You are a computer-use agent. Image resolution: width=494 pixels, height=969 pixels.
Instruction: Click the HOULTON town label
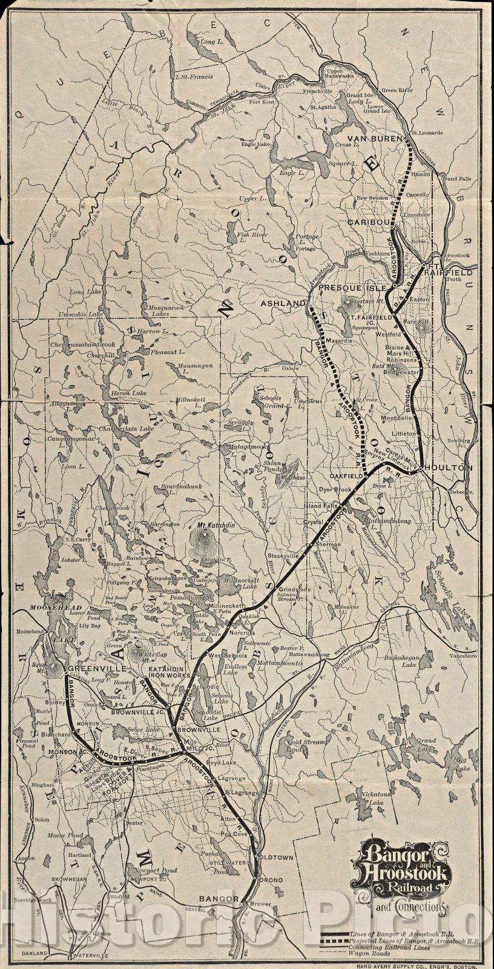[449, 468]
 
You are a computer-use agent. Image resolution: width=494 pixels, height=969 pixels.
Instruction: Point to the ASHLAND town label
[283, 303]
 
